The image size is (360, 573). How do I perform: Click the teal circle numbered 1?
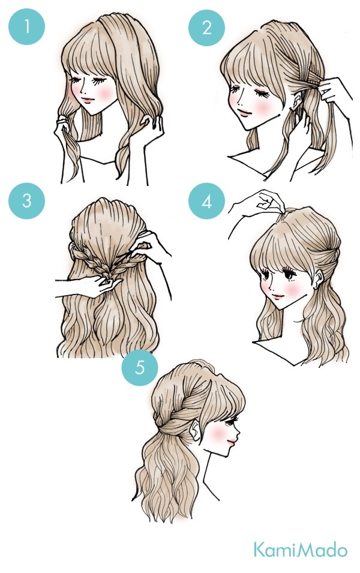pos(26,26)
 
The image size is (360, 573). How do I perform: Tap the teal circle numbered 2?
pos(206,28)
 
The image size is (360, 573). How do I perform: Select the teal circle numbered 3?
pos(26,200)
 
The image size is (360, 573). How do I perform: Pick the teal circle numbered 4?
pos(206,201)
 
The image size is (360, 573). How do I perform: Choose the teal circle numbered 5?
pos(140,367)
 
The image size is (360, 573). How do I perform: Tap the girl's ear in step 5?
pos(196,430)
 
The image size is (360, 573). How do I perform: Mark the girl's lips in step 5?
pos(232,443)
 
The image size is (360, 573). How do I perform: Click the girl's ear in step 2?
pos(297,100)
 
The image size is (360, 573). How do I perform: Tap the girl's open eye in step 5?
pos(230,422)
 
